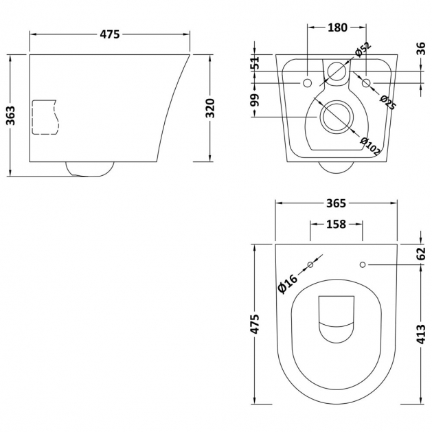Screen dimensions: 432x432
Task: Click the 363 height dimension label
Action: click(x=11, y=115)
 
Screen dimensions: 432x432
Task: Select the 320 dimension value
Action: click(x=210, y=108)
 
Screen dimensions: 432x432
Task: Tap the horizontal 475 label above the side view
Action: click(x=110, y=34)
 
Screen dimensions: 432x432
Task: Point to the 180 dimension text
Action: click(x=337, y=27)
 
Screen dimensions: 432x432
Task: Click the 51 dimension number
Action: click(x=256, y=62)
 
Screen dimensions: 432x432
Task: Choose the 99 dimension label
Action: click(x=256, y=100)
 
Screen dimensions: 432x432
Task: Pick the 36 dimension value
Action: click(x=421, y=49)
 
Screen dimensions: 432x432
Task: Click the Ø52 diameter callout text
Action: click(x=363, y=49)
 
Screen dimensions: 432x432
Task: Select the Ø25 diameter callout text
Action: click(x=388, y=102)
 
